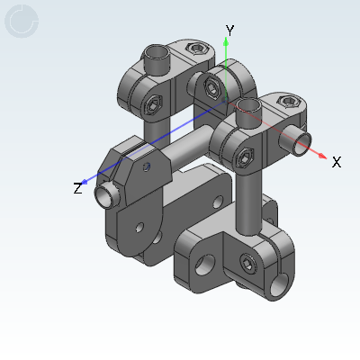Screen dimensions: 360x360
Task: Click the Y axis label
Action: pyautogui.click(x=229, y=31)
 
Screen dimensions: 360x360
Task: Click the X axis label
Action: pyautogui.click(x=337, y=162)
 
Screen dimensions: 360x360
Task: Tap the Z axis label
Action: pyautogui.click(x=77, y=188)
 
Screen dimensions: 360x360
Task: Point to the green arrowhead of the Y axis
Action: pyautogui.click(x=226, y=41)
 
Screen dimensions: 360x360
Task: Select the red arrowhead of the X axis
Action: pyautogui.click(x=322, y=156)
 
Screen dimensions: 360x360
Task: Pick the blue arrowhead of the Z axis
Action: pyautogui.click(x=85, y=182)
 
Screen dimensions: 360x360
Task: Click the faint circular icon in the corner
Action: pyautogui.click(x=22, y=21)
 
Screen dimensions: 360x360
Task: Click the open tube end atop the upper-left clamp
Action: pyautogui.click(x=156, y=52)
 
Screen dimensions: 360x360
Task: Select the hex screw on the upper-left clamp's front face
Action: pyautogui.click(x=153, y=104)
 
